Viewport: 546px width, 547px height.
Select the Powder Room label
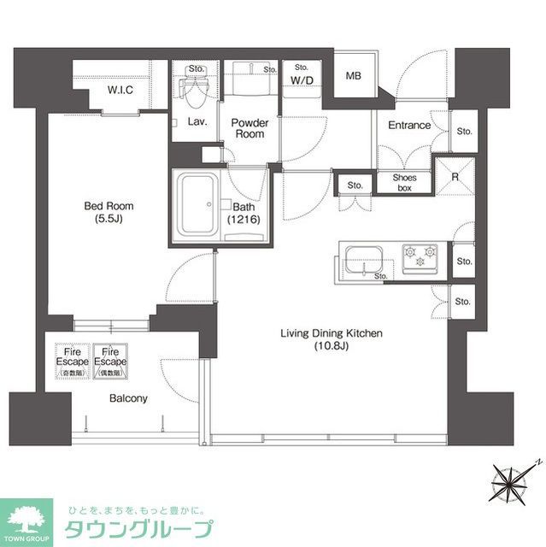250,128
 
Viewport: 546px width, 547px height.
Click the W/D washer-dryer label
302,81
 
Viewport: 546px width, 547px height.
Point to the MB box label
353,76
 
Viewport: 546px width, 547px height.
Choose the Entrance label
409,126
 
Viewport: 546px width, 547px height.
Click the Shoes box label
403,182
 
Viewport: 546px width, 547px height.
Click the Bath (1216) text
243,214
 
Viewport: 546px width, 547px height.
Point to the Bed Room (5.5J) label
109,212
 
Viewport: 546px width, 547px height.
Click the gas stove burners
420,256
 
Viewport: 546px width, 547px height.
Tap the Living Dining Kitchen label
332,339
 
